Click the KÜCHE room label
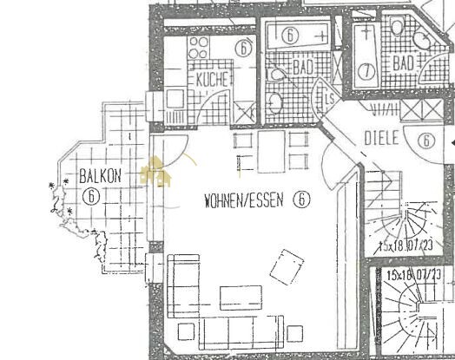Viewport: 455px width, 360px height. click(x=213, y=79)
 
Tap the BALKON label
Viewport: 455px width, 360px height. click(x=99, y=176)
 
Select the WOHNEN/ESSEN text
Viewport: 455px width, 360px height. click(x=247, y=200)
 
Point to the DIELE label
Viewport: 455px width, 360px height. click(x=380, y=137)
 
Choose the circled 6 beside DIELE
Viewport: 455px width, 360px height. click(x=425, y=140)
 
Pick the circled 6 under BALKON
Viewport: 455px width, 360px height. click(x=90, y=195)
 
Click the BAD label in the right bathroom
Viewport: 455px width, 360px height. click(x=403, y=63)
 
